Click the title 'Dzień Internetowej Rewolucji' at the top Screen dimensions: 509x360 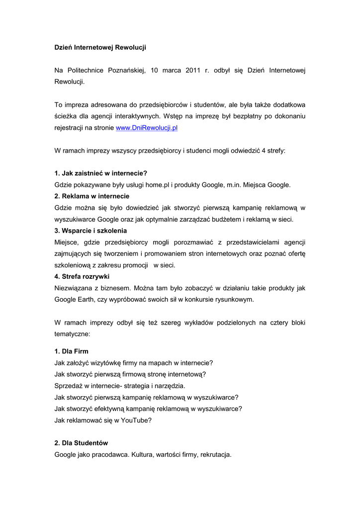tap(100, 48)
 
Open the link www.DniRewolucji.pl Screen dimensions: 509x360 tap(147, 128)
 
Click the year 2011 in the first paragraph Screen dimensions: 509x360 tap(193, 71)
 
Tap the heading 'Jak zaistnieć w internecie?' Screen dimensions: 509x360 tap(104, 173)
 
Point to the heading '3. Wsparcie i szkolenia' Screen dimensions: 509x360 tap(90, 231)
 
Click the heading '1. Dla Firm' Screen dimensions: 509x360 tap(72, 351)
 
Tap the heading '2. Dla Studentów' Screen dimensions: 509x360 tap(81, 443)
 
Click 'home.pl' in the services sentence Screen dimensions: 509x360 tap(158, 185)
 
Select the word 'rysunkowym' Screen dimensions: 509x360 tap(235, 299)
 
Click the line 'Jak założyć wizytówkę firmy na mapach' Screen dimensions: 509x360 tap(134, 363)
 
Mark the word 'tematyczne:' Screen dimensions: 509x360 tap(72, 334)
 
